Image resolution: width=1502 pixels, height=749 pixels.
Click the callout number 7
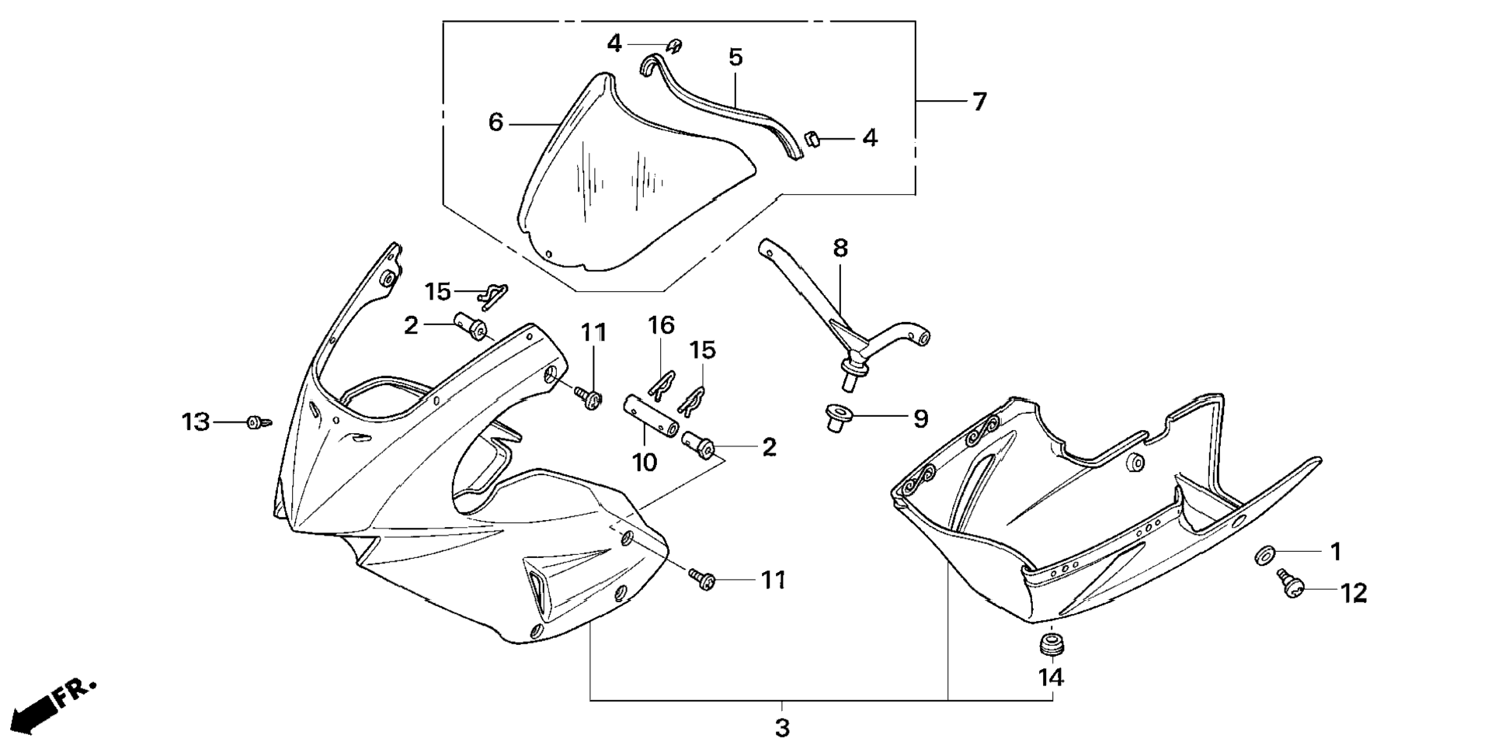[979, 102]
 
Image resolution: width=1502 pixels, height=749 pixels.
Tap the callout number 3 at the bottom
[782, 729]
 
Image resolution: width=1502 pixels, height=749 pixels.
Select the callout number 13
[196, 422]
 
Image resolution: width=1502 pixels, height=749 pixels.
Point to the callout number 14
[1051, 678]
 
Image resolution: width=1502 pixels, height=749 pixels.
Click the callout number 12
[1354, 594]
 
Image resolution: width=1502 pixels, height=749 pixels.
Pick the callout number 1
[1336, 552]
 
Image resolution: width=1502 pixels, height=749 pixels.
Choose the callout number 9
[920, 419]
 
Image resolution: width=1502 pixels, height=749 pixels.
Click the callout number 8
[840, 248]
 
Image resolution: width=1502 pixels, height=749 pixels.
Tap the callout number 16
[662, 325]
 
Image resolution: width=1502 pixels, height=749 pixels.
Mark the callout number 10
[645, 463]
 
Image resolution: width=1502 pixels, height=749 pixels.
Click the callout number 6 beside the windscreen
[495, 123]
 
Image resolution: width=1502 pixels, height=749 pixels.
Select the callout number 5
[735, 57]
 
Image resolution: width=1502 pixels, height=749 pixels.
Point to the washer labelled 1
[1264, 554]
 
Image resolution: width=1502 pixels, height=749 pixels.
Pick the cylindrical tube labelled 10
[649, 416]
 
